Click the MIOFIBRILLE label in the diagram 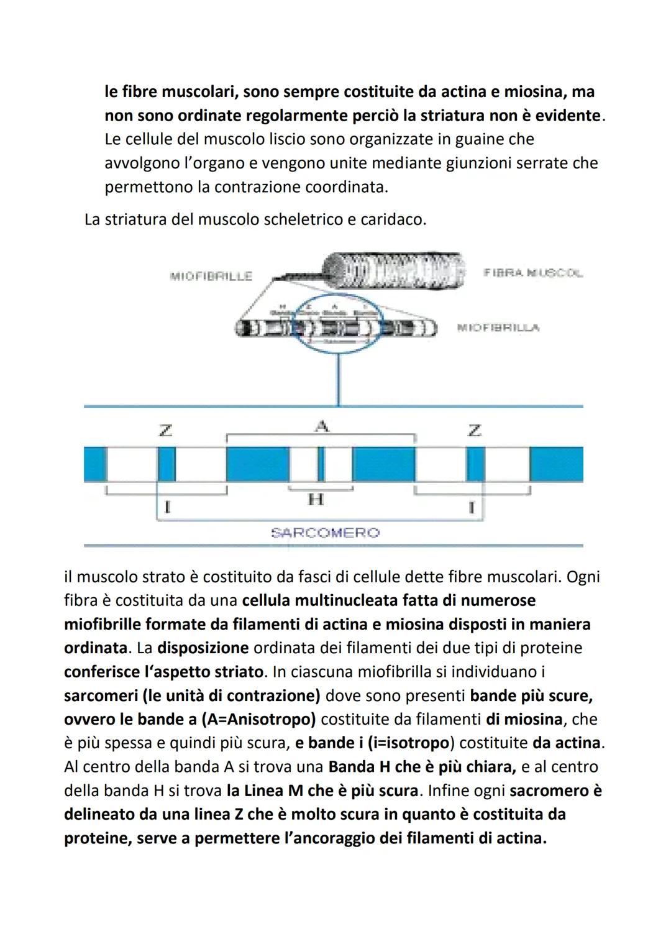[211, 276]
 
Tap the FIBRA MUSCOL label [532, 273]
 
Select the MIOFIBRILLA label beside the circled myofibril [498, 328]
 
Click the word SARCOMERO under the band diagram [325, 533]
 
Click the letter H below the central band [316, 499]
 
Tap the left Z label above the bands [165, 429]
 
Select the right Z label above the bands [474, 429]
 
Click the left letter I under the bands [166, 507]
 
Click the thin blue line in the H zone [321, 464]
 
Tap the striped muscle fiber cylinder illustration [394, 271]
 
